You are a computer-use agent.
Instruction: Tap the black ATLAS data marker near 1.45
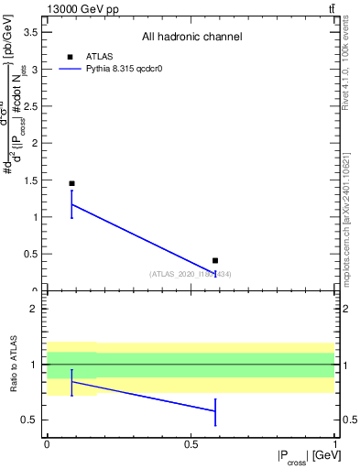point(71,183)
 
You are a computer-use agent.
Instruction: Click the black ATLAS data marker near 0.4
point(215,261)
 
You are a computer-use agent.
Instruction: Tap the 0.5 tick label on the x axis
point(191,444)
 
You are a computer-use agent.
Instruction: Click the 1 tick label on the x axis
point(333,444)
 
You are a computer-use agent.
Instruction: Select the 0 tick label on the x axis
point(47,444)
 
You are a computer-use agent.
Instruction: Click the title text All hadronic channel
point(191,38)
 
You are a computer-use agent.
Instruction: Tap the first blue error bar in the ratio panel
point(71,382)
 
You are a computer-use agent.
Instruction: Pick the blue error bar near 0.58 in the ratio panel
point(215,411)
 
